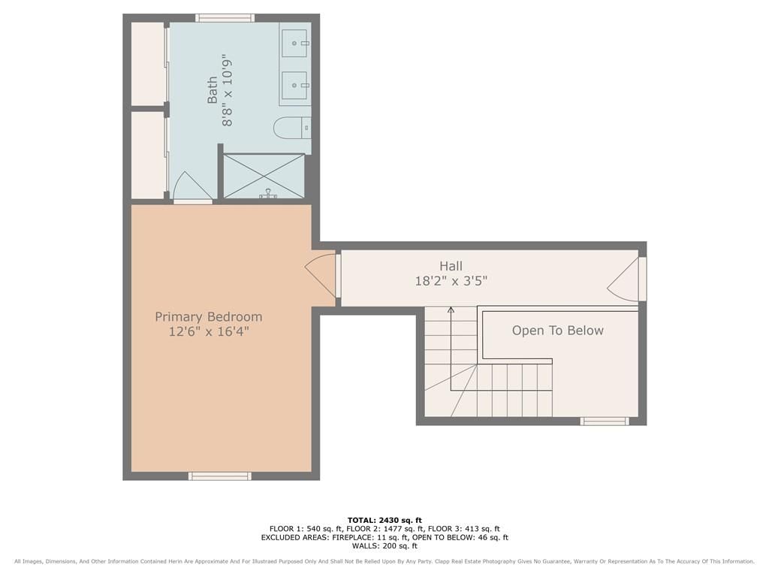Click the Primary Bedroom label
209,317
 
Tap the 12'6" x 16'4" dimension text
209,331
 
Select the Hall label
451,267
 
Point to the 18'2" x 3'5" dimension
451,281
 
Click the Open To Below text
558,331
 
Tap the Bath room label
212,90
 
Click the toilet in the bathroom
292,128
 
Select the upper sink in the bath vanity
295,43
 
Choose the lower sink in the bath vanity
295,85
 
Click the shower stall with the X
264,177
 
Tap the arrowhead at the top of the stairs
451,310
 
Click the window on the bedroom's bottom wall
220,476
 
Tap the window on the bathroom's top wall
225,18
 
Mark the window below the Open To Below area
605,421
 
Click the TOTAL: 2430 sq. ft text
384,520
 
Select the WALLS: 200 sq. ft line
384,545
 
